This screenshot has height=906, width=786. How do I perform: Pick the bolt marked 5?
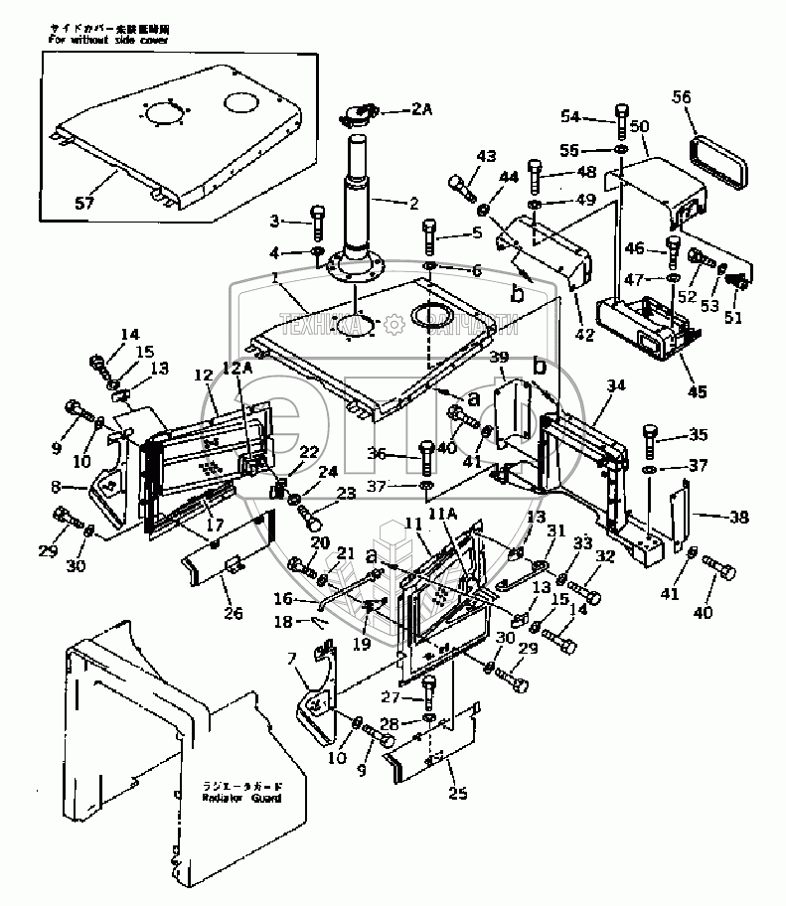pyautogui.click(x=429, y=232)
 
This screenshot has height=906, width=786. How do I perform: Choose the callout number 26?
pyautogui.click(x=233, y=613)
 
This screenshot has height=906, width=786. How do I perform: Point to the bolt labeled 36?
pyautogui.click(x=425, y=455)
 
